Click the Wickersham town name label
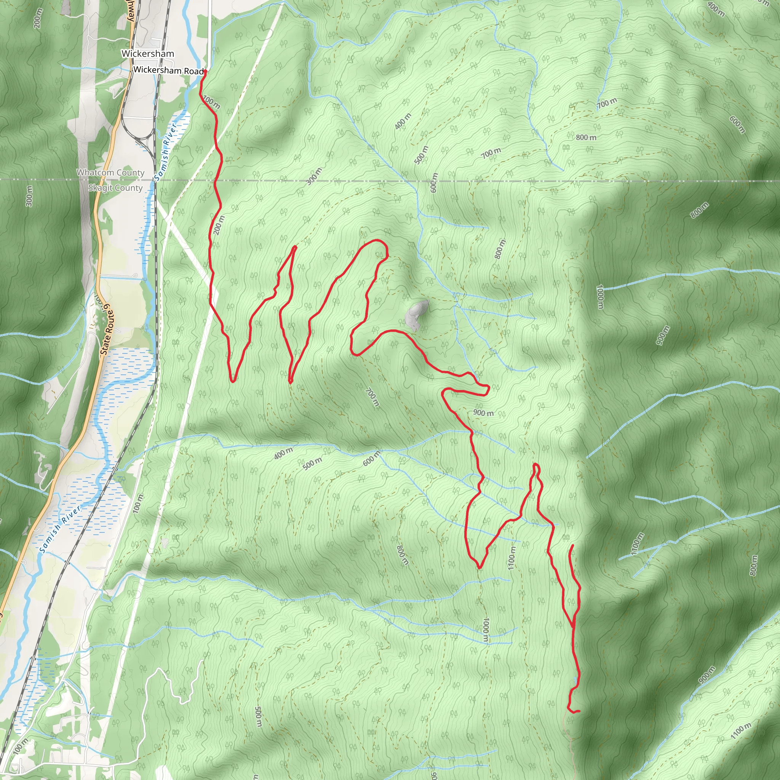(x=148, y=54)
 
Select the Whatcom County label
(x=110, y=173)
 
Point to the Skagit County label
(x=115, y=188)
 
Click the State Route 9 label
(x=107, y=330)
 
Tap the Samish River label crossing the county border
(x=166, y=152)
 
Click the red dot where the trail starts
(x=205, y=72)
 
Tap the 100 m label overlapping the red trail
(x=211, y=102)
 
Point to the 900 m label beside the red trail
(x=483, y=412)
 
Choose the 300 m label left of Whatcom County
(x=29, y=196)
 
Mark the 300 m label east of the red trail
(x=314, y=176)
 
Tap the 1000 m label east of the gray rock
(x=600, y=297)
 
